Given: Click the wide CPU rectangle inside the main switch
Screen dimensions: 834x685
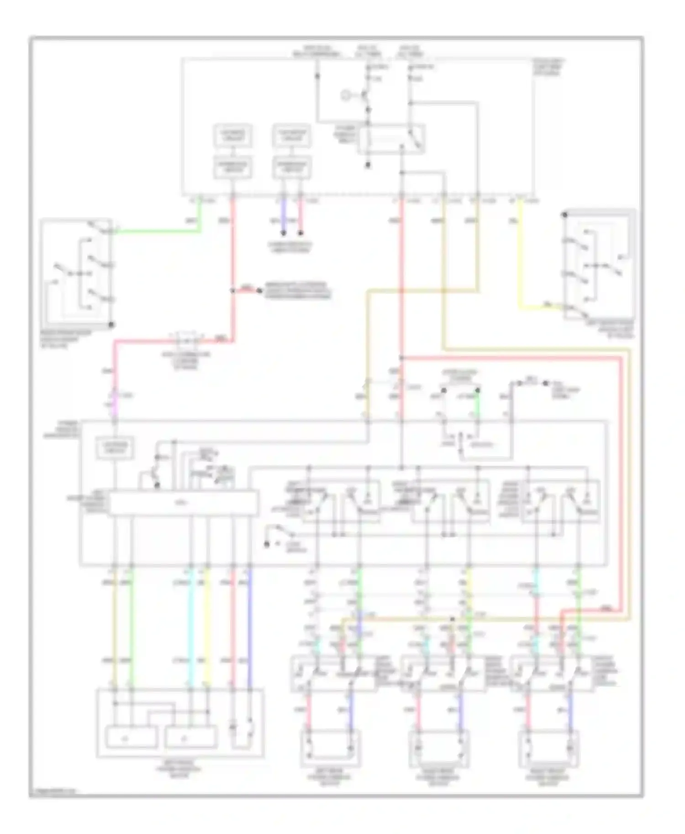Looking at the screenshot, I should click(183, 503).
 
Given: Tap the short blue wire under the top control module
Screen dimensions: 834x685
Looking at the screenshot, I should click(283, 217).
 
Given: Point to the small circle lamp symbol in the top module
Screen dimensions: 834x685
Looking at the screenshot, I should click(346, 95).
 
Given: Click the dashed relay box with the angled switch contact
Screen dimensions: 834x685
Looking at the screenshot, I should click(391, 139).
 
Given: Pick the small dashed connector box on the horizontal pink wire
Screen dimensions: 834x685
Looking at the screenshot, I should click(185, 340).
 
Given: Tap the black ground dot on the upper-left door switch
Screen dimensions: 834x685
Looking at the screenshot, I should click(111, 325).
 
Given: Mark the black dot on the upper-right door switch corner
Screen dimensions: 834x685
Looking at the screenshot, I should click(565, 214).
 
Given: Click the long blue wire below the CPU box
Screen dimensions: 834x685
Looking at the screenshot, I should click(250, 630).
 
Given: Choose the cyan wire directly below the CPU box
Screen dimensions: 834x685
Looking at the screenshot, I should click(191, 630).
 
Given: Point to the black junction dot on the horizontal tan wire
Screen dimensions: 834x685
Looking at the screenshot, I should click(453, 619).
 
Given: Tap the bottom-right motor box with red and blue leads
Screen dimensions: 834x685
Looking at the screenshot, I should click(549, 748).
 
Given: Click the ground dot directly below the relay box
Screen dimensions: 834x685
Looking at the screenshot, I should click(368, 166).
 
